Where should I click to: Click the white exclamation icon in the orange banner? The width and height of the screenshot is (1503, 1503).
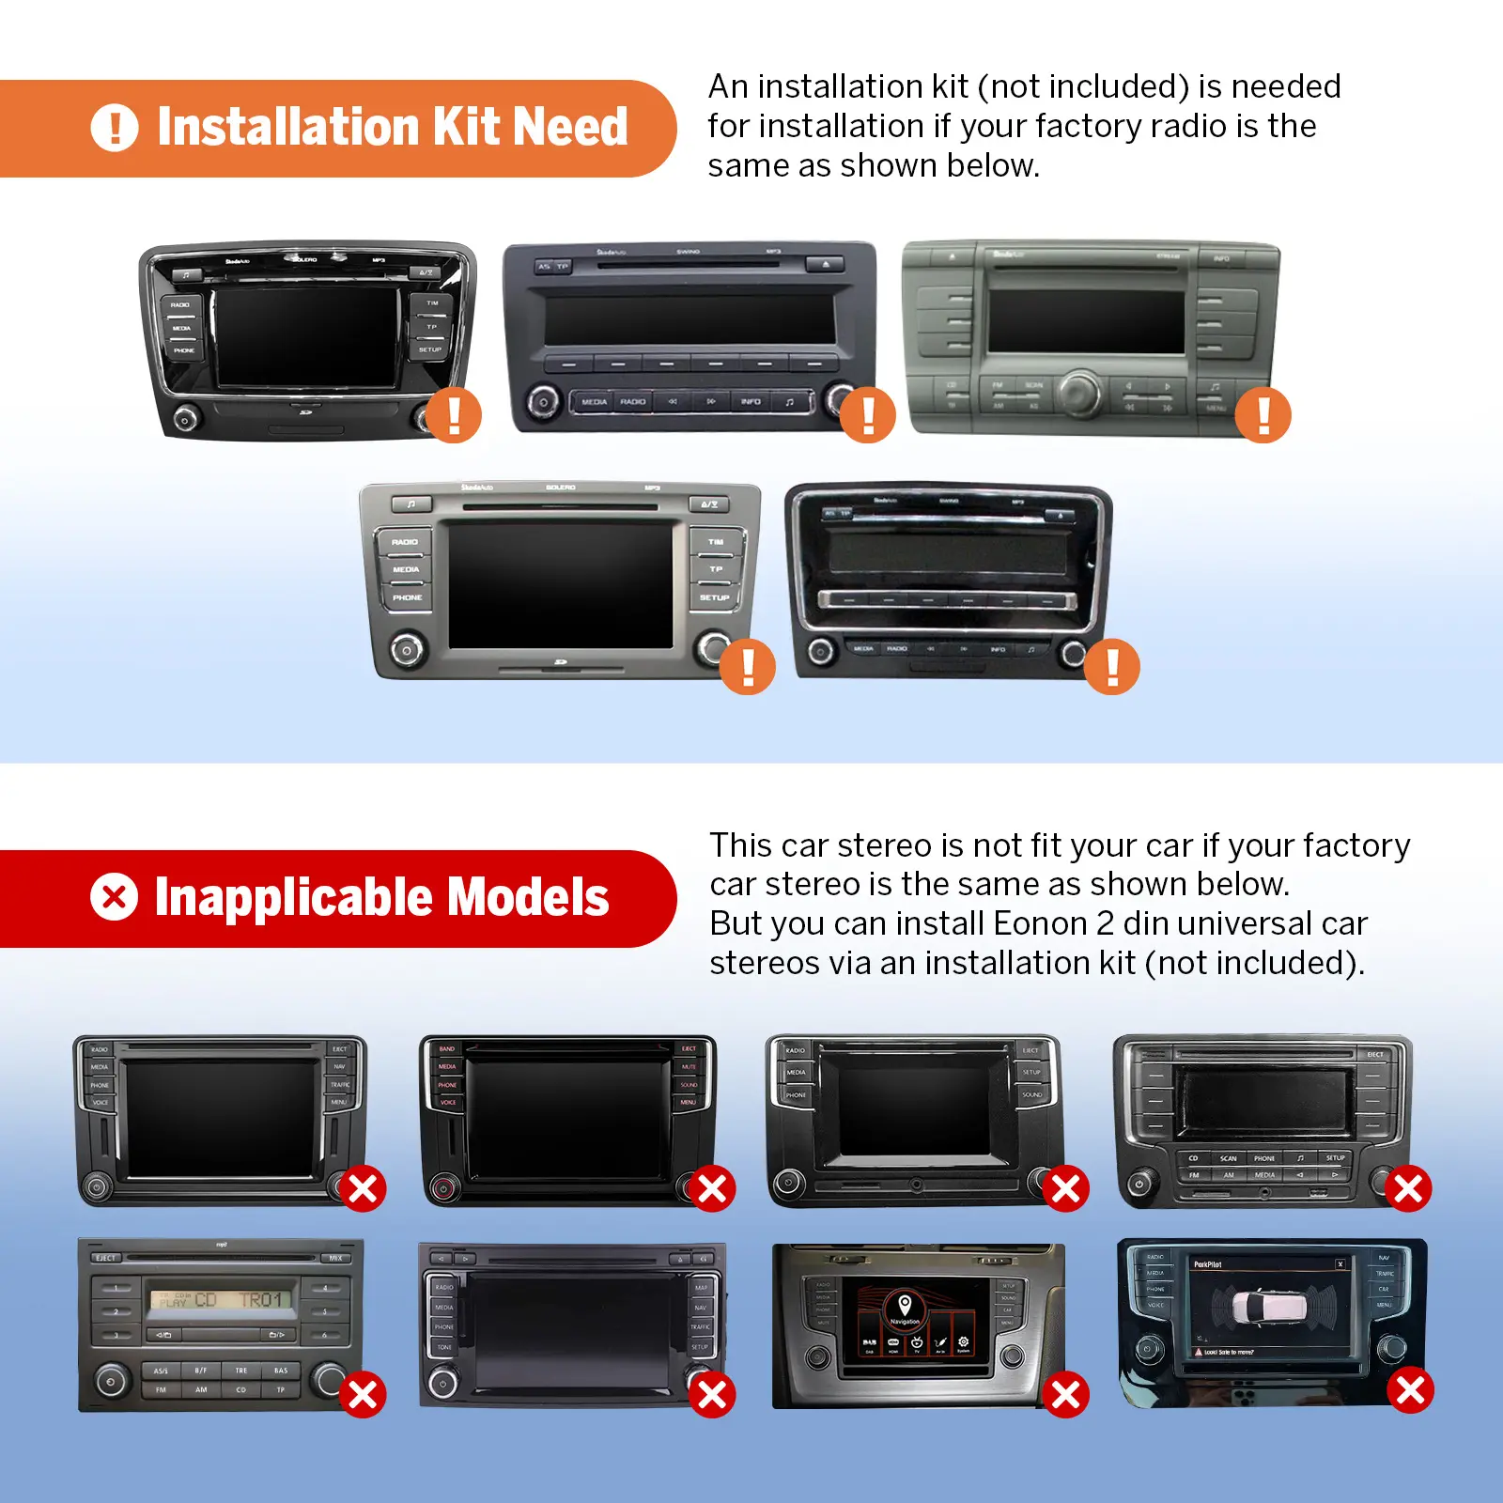pyautogui.click(x=115, y=128)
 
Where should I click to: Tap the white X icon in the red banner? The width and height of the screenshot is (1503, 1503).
pyautogui.click(x=115, y=896)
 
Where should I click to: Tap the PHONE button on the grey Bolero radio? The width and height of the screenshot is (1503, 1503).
pyautogui.click(x=407, y=597)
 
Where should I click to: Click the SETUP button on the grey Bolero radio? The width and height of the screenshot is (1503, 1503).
pyautogui.click(x=714, y=597)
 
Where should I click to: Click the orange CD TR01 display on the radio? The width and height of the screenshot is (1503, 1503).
pyautogui.click(x=222, y=1300)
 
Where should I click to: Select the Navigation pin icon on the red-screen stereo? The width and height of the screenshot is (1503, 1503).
pyautogui.click(x=905, y=1304)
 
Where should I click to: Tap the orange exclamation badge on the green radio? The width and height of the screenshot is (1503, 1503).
pyautogui.click(x=1263, y=414)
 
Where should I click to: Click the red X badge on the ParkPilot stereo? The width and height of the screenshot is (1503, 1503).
pyautogui.click(x=1410, y=1389)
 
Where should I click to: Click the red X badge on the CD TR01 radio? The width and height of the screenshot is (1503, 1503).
pyautogui.click(x=363, y=1395)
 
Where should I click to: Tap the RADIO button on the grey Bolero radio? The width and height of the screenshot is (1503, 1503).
pyautogui.click(x=405, y=542)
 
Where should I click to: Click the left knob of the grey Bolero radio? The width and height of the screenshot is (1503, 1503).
pyautogui.click(x=406, y=649)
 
